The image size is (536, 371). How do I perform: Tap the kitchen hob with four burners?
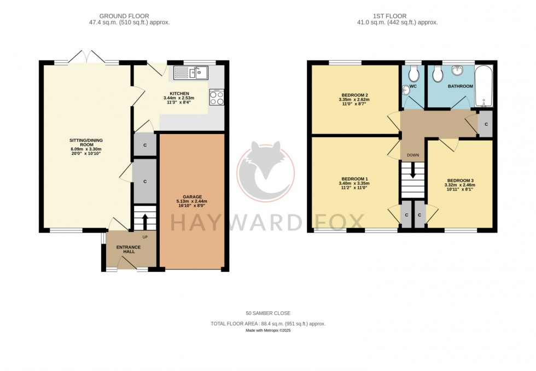coord(217,97)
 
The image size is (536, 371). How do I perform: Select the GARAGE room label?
coord(193,196)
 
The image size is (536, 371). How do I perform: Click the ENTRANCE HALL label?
coord(129,249)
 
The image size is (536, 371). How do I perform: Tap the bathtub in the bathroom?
coord(485,86)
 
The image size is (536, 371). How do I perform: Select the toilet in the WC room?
coord(414,73)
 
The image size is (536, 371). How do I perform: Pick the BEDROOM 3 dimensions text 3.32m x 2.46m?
coord(461,185)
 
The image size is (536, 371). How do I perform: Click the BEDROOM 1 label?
coord(354,179)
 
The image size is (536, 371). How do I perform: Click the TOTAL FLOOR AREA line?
coord(268,323)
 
